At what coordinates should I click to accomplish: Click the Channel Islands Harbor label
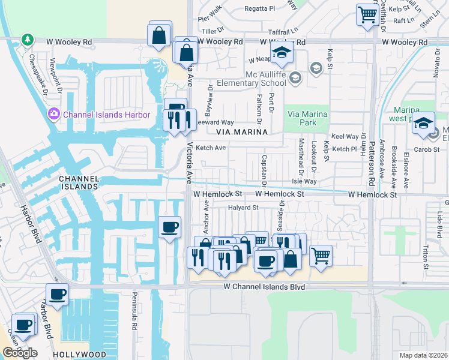coord(106,115)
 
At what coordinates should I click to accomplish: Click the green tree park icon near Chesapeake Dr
coord(27,40)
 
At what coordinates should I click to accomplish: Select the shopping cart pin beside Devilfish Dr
coord(367,14)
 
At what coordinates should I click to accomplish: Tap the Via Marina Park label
coord(307,119)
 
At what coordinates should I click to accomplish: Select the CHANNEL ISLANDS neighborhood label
coord(78,182)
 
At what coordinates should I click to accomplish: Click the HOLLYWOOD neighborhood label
coord(75,355)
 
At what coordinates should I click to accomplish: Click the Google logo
coord(20,353)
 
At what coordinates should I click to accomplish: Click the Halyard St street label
coord(243,208)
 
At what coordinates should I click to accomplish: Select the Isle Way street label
coord(304,181)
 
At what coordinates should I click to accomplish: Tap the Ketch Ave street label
coord(210,148)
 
